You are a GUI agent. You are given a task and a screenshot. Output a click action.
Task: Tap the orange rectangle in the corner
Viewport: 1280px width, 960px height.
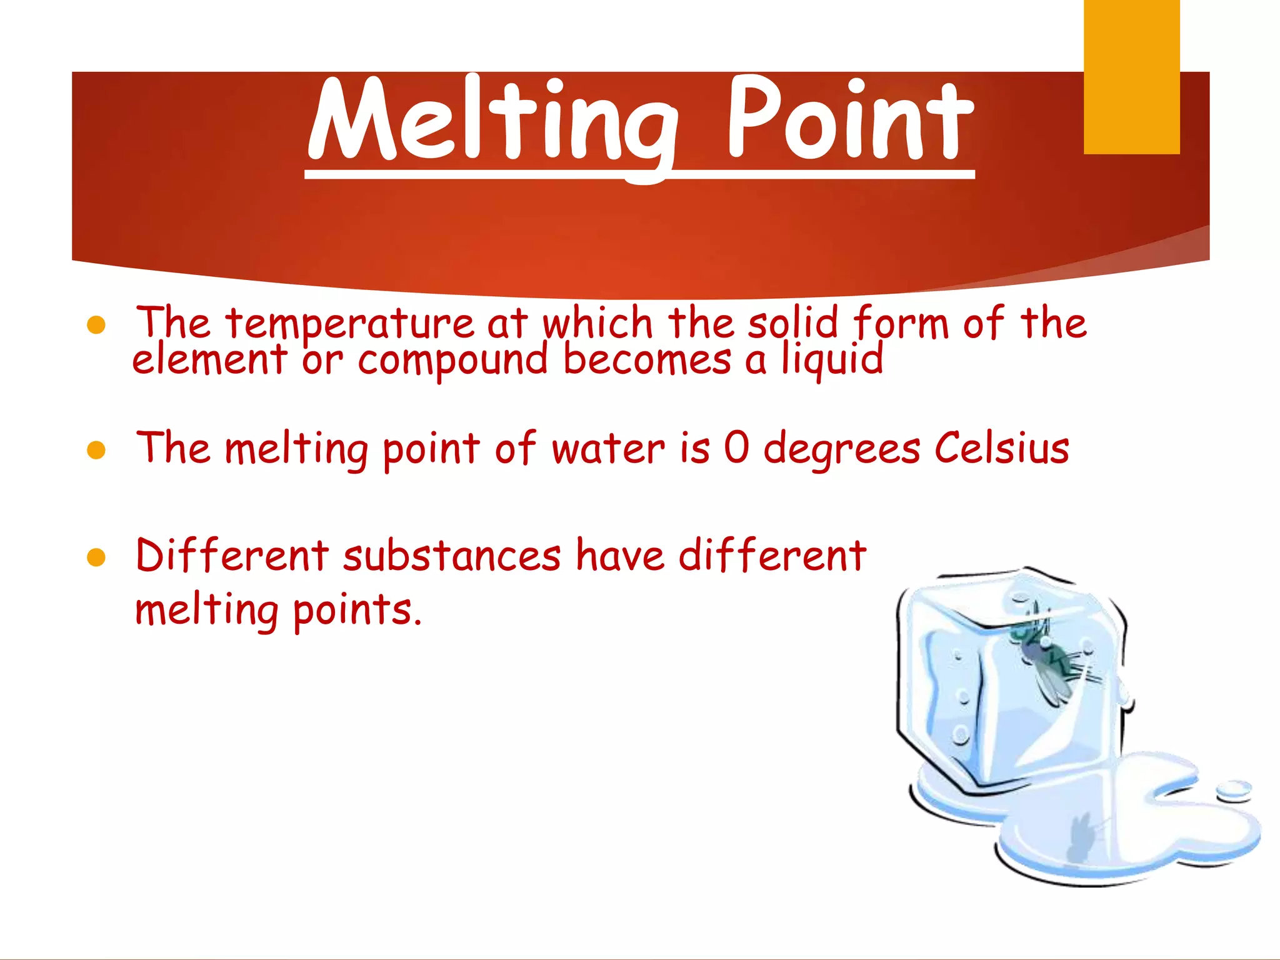(x=1131, y=76)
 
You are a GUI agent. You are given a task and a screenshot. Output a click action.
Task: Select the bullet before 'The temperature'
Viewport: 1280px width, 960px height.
(x=96, y=326)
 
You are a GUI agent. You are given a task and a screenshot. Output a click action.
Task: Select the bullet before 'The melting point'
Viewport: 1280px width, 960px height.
(x=96, y=450)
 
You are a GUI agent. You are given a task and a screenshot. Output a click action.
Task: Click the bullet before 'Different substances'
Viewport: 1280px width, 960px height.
(x=96, y=557)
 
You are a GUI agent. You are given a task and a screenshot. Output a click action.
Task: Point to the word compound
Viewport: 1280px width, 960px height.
(x=452, y=361)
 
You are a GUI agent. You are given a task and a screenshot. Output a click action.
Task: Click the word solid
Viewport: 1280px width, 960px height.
(x=792, y=323)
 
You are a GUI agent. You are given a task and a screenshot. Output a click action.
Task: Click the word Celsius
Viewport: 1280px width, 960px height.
(x=1002, y=448)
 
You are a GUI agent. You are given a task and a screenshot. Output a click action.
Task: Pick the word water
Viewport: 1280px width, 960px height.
(x=608, y=449)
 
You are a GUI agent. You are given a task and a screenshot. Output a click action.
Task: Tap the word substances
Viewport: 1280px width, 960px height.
(x=452, y=556)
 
